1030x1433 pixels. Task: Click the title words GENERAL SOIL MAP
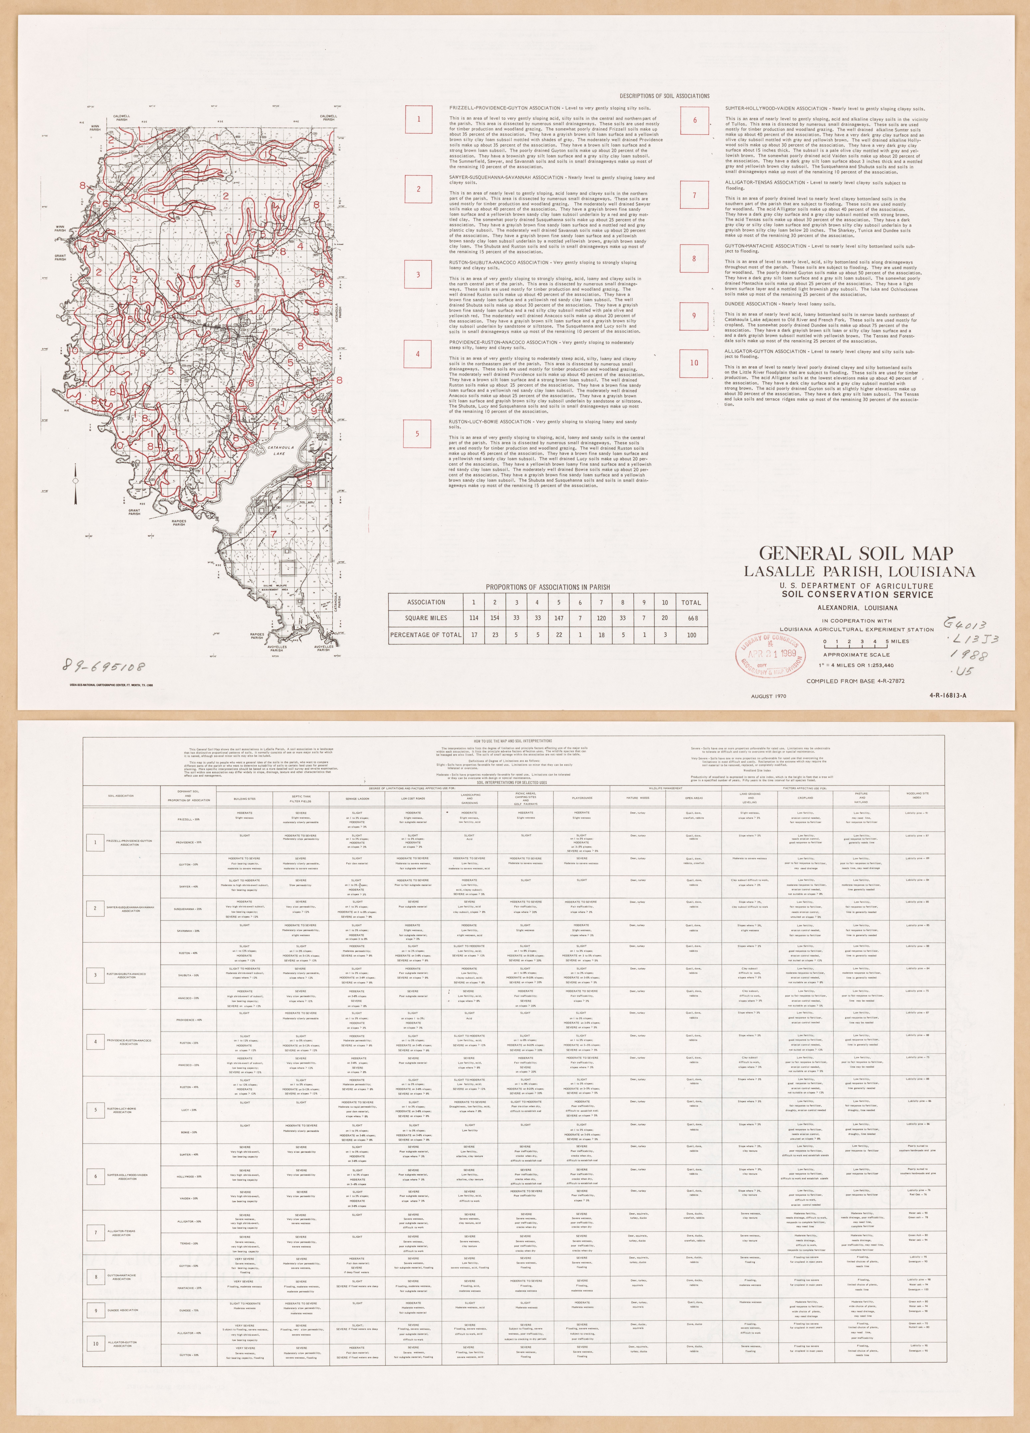(x=856, y=554)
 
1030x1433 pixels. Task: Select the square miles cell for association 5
(x=559, y=618)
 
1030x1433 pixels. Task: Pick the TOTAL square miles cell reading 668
(x=691, y=618)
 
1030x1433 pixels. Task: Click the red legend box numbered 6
(x=695, y=120)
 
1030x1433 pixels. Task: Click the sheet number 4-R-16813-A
(x=948, y=696)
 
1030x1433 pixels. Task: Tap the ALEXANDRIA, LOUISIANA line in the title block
(x=857, y=608)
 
